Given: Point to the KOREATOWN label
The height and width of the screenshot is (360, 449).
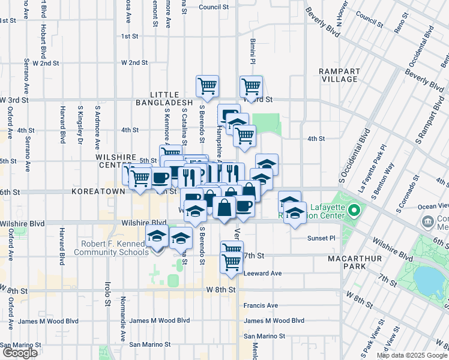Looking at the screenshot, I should click(x=98, y=191).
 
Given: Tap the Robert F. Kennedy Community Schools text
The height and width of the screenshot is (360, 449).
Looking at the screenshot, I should click(x=110, y=248).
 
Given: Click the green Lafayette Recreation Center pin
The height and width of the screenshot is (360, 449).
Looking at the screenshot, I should click(x=354, y=211).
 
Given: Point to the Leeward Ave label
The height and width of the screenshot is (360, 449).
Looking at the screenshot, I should click(x=263, y=273).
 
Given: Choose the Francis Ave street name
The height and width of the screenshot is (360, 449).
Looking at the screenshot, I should click(x=261, y=305).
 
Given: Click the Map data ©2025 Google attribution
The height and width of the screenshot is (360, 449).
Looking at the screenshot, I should click(x=412, y=355).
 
